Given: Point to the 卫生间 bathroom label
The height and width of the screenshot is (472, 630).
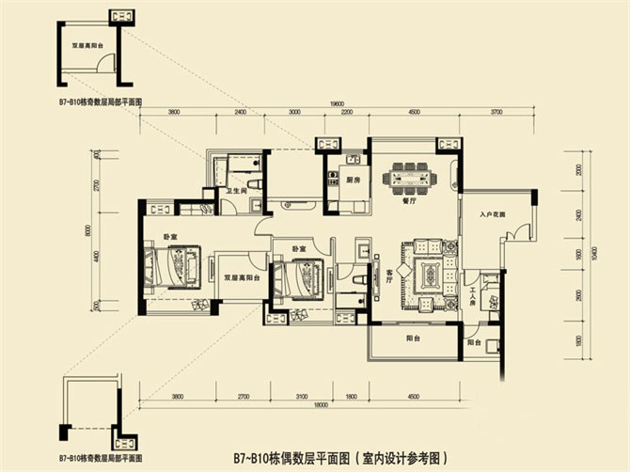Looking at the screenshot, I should click(x=235, y=192).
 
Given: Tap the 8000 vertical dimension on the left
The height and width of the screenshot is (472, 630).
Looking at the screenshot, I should click(x=87, y=228).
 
